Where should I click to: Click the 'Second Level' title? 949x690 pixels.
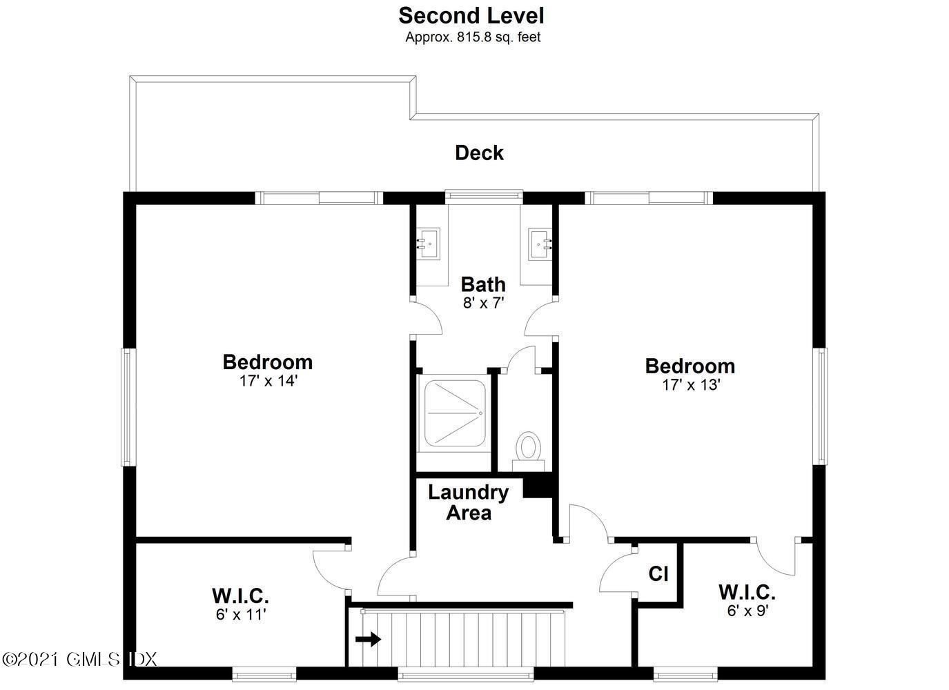[x=471, y=15]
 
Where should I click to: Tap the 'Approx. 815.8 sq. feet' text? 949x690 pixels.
[x=473, y=37]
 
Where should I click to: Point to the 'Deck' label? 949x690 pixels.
[x=479, y=152]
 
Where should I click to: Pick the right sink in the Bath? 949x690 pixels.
[x=541, y=244]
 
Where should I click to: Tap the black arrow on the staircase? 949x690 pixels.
[x=368, y=639]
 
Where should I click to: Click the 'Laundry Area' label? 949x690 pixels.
[x=468, y=502]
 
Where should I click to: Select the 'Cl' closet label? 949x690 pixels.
[x=658, y=573]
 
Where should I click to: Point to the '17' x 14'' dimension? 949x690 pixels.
[x=268, y=380]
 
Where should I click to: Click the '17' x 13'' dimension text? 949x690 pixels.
[x=691, y=384]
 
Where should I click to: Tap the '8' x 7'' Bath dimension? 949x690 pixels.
[x=483, y=302]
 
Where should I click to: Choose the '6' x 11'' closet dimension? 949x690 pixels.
[x=240, y=613]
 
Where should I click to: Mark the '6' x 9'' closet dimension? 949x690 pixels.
[x=747, y=610]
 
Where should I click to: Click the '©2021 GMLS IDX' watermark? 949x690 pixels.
[x=79, y=659]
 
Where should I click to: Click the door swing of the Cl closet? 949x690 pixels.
[x=618, y=573]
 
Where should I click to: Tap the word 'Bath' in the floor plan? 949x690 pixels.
[x=483, y=284]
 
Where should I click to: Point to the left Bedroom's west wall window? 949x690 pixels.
[x=126, y=406]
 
